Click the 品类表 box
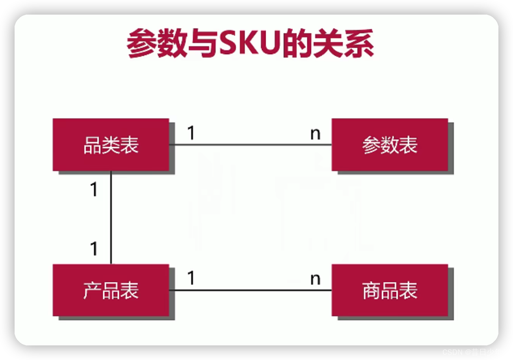111,145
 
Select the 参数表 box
389,145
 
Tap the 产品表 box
111,290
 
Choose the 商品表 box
389,290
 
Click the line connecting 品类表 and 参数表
250,145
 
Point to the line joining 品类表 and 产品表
111,217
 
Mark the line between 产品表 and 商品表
250,290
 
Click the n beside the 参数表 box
315,134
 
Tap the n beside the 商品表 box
315,279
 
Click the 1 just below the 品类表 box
94,189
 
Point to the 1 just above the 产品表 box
94,249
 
